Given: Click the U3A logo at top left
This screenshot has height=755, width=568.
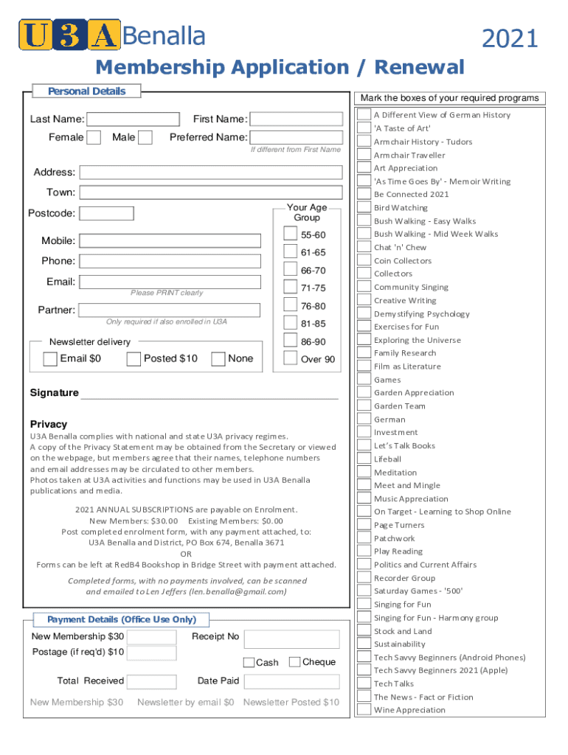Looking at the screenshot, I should [69, 35].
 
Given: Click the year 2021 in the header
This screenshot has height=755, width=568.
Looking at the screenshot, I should [510, 38].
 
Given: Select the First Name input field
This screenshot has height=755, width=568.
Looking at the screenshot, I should [296, 119].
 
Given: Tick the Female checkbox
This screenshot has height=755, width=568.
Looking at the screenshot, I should [94, 137].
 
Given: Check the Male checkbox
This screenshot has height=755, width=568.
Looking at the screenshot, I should [145, 137].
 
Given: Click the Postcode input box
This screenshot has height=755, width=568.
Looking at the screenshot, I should [106, 214].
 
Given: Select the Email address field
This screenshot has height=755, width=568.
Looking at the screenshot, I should [170, 282].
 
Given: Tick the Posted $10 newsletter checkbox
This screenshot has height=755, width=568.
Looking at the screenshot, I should [134, 359].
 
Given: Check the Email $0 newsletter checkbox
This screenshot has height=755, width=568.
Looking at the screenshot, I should [50, 359].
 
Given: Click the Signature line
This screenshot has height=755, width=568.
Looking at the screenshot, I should [208, 393].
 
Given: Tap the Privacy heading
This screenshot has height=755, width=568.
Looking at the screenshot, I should [49, 425].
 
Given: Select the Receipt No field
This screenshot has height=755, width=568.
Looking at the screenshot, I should [291, 639].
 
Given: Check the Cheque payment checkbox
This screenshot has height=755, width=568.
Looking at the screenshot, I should [295, 662].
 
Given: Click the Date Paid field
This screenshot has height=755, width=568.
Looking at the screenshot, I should [291, 681].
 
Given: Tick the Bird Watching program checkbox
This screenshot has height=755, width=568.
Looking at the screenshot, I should [364, 208].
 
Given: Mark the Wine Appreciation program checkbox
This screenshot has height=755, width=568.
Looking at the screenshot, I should [364, 710].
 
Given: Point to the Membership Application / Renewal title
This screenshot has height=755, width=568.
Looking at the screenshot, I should [280, 68].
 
